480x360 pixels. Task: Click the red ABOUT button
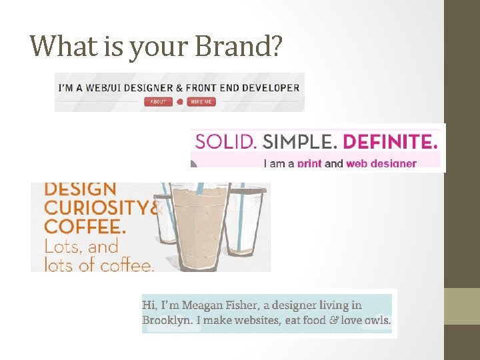click(x=157, y=101)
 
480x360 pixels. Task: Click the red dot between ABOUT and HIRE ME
click(x=179, y=101)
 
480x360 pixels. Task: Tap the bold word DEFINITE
click(x=393, y=141)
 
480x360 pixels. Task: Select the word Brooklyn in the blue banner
click(x=167, y=320)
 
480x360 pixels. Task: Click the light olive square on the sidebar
click(x=462, y=306)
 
